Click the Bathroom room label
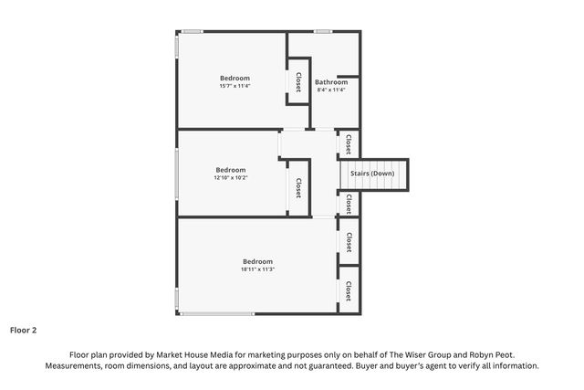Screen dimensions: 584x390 [331, 82]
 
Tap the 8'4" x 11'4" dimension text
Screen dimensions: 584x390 [331, 90]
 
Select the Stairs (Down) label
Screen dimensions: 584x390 [372, 174]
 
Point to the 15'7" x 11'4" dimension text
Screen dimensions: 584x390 [235, 86]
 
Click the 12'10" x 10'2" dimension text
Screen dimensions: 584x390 [231, 177]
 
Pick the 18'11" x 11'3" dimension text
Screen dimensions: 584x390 [257, 269]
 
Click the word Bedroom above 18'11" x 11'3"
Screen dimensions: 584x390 [257, 261]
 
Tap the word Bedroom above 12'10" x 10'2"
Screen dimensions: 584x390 [231, 170]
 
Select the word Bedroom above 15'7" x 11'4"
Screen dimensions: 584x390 [235, 78]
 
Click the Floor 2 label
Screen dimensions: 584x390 [23, 330]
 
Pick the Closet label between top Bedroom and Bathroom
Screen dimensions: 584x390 [298, 82]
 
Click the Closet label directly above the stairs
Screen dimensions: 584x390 [349, 144]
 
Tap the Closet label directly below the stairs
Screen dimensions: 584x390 [349, 204]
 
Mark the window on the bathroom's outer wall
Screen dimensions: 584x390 [322, 32]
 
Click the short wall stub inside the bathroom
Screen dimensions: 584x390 [348, 77]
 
